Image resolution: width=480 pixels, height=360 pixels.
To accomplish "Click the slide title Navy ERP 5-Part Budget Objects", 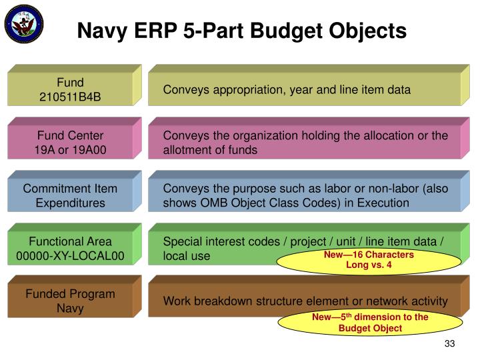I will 241,30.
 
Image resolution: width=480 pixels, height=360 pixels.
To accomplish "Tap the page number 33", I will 449,343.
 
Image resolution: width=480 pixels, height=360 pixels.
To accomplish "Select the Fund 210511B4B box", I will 70,90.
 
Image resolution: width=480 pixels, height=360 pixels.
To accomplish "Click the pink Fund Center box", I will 70,143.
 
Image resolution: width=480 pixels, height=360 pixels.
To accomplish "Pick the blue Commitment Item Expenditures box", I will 70,195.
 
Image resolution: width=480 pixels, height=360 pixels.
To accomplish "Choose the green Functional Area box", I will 70,248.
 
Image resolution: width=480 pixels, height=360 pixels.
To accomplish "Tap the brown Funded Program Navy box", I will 70,301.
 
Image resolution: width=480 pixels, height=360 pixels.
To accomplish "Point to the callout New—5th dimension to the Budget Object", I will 370,323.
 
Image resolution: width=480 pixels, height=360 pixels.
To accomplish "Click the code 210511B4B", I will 70,97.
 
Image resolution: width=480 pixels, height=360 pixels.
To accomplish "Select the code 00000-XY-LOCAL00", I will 70,255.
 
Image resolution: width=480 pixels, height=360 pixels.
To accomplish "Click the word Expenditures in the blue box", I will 70,203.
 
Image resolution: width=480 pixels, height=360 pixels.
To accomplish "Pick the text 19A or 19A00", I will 70,150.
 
